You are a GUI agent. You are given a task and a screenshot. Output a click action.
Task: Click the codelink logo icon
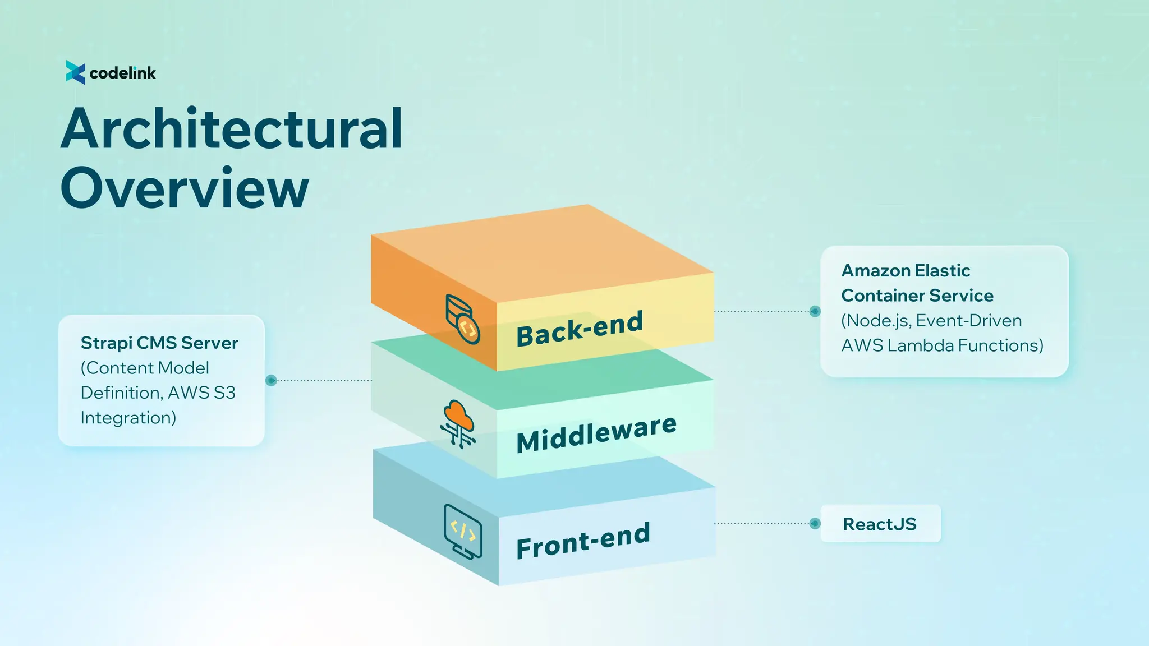pyautogui.click(x=75, y=72)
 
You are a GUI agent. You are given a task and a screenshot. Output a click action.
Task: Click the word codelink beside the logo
pyautogui.click(x=122, y=73)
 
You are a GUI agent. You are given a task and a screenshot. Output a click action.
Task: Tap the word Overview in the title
pyautogui.click(x=185, y=188)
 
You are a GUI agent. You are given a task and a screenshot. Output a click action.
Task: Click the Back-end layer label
pyautogui.click(x=580, y=329)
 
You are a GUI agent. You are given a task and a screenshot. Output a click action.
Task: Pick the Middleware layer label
pyautogui.click(x=596, y=433)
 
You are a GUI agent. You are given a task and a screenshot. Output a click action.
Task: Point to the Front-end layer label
pyautogui.click(x=583, y=541)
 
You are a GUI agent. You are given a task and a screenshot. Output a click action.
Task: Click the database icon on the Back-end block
pyautogui.click(x=462, y=319)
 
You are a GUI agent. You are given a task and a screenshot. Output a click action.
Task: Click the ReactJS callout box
pyautogui.click(x=880, y=524)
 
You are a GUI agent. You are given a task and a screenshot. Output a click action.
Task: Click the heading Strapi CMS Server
pyautogui.click(x=159, y=343)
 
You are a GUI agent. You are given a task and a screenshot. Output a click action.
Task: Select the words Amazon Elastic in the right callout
pyautogui.click(x=906, y=271)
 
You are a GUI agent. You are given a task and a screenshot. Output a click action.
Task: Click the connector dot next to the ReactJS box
pyautogui.click(x=815, y=523)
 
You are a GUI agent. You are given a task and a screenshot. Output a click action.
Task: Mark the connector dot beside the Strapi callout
pyautogui.click(x=271, y=380)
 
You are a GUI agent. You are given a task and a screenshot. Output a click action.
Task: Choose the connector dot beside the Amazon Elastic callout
pyautogui.click(x=815, y=311)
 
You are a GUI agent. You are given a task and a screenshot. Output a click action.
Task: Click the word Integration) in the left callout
pyautogui.click(x=128, y=418)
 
